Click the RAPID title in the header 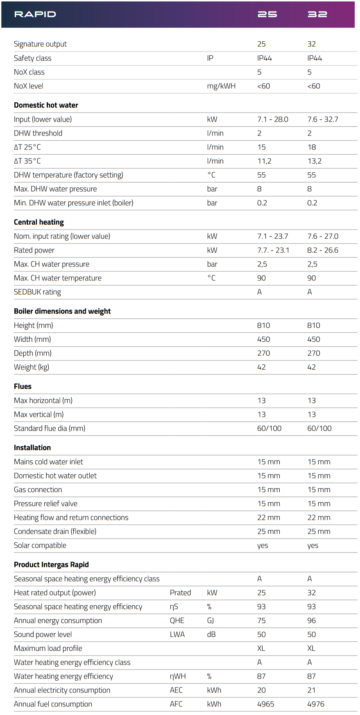(x=35, y=14)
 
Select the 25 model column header (x=267, y=14)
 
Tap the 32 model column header (x=317, y=14)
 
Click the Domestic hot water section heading (x=46, y=105)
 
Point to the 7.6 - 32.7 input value (x=323, y=120)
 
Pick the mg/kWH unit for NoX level (x=221, y=86)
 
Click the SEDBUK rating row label (x=37, y=292)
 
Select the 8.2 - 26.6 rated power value (x=323, y=250)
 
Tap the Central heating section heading (x=39, y=222)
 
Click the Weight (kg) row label (x=32, y=367)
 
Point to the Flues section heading (x=23, y=386)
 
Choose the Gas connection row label (x=38, y=490)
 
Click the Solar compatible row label (x=40, y=546)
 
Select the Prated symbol (x=180, y=593)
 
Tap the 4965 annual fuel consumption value (x=266, y=704)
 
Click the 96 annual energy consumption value (x=312, y=621)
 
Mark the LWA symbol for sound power (x=177, y=635)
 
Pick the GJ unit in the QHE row (x=211, y=621)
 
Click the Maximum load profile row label (x=48, y=649)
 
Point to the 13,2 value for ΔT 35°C (x=315, y=161)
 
